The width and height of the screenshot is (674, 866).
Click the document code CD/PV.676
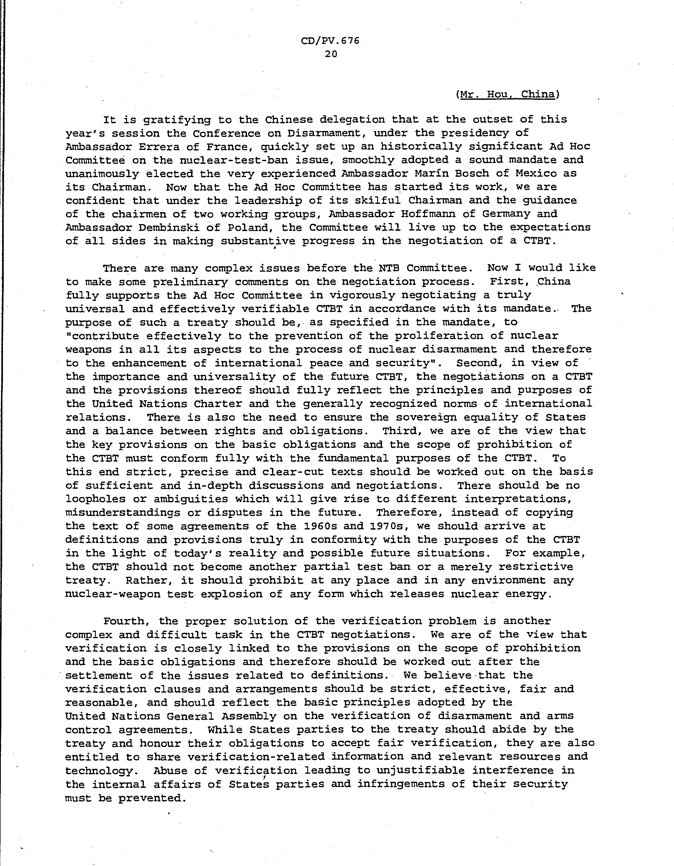click(330, 41)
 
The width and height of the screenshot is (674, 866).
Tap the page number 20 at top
click(331, 54)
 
